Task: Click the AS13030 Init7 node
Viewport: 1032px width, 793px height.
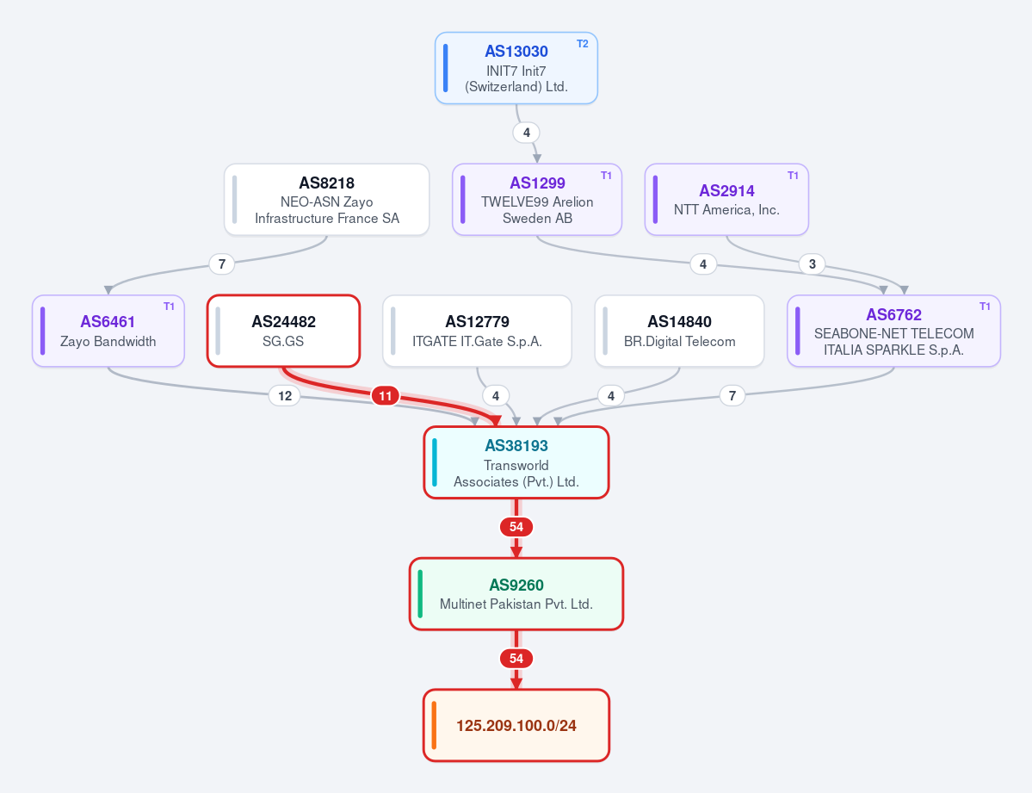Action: click(516, 68)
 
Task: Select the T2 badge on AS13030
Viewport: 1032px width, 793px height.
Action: click(583, 44)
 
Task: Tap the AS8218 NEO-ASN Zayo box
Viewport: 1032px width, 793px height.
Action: click(326, 200)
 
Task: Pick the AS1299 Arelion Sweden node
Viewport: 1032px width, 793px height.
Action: click(537, 200)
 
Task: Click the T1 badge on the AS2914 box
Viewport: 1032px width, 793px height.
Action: click(793, 176)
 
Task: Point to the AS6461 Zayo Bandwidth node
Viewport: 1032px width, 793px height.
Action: click(108, 331)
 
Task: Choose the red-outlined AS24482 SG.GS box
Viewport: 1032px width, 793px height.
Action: click(284, 331)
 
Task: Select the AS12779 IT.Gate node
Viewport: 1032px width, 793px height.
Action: click(477, 331)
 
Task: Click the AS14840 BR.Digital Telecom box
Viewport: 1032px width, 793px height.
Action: click(679, 331)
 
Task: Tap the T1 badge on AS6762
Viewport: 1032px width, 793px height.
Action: click(985, 307)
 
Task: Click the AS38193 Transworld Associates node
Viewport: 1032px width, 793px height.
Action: click(516, 462)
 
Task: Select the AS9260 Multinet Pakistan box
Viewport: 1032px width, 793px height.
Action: click(516, 594)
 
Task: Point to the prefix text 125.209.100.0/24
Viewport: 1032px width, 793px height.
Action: click(516, 726)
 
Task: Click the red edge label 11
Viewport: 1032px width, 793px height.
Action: click(385, 396)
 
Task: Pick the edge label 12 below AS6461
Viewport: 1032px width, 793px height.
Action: click(285, 396)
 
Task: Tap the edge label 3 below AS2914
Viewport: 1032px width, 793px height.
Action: click(813, 264)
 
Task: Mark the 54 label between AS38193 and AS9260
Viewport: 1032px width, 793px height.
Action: click(516, 527)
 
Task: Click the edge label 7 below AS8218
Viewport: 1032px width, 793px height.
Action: click(222, 264)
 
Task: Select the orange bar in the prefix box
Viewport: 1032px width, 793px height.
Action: click(434, 725)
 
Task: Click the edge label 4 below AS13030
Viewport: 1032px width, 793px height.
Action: click(527, 133)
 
